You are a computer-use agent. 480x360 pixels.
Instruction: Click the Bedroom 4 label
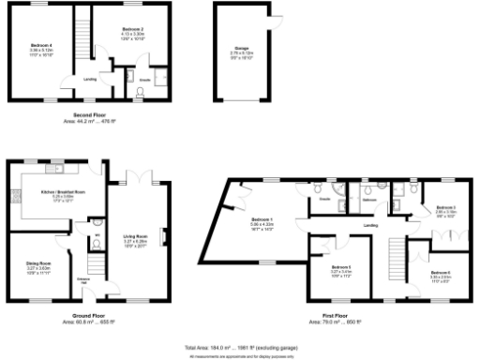click(x=39, y=48)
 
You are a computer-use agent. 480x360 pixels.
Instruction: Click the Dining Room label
click(x=38, y=266)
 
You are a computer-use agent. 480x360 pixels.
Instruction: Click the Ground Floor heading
click(x=92, y=316)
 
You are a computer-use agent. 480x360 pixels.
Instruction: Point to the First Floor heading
click(x=342, y=316)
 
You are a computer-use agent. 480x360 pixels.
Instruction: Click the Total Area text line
click(x=240, y=347)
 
